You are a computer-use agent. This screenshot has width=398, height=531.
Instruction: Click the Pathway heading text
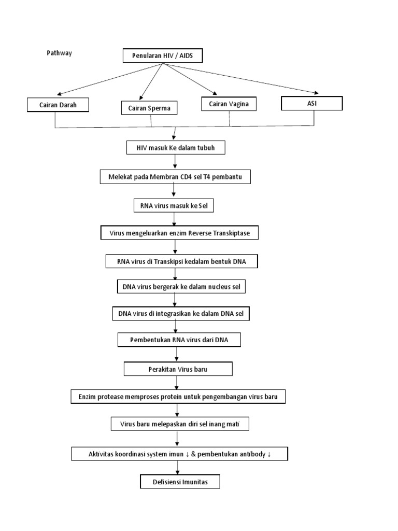(59, 53)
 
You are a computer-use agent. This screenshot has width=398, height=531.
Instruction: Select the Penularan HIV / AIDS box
(162, 55)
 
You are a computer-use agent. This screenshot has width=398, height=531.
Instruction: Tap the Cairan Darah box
(57, 105)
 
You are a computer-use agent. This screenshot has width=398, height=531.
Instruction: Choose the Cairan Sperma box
(149, 108)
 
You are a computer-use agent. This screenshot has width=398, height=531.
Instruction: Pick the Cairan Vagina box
(229, 104)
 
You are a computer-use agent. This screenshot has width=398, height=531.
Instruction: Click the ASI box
(311, 103)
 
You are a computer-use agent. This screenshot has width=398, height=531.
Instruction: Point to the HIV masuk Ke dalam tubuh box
(176, 148)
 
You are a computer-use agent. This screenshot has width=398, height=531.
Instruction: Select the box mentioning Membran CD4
(175, 177)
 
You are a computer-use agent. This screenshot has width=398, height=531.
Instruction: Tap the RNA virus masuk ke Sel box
(174, 206)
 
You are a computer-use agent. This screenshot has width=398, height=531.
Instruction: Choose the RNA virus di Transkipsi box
(181, 262)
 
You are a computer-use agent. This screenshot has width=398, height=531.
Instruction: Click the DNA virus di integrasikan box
(181, 314)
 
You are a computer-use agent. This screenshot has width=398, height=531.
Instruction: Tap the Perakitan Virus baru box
(178, 369)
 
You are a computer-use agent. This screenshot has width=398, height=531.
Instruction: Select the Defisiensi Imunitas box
(180, 482)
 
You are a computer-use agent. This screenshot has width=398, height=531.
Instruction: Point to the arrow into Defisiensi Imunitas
(178, 469)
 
